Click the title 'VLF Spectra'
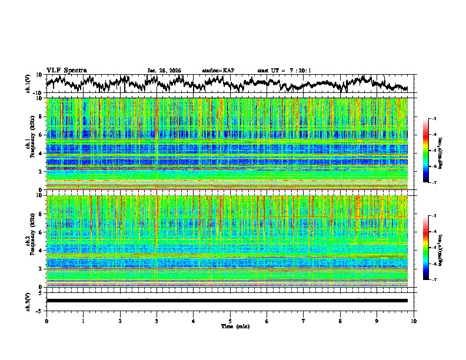coord(66,70)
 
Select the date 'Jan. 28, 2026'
coord(164,71)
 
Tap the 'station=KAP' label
coord(218,71)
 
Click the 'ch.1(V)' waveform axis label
coord(29,84)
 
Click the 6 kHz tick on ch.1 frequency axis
coord(41,135)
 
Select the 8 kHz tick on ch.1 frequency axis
coord(41,117)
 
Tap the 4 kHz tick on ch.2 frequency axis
coord(41,251)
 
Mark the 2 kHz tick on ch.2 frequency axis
coord(41,269)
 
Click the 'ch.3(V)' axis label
coord(29,301)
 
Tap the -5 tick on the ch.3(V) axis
coord(39,310)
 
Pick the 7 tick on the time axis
coord(304,321)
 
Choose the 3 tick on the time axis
coord(157,321)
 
